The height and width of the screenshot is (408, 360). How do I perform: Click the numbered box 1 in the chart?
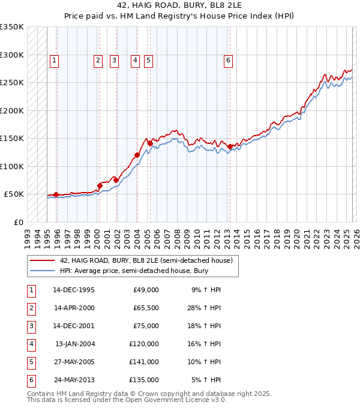pos(54,60)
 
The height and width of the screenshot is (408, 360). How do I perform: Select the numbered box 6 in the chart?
pos(229,60)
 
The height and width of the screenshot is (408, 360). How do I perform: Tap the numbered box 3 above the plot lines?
pos(114,60)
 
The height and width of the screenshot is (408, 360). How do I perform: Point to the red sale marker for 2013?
pos(230,146)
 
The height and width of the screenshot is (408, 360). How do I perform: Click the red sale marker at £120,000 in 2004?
pos(137,155)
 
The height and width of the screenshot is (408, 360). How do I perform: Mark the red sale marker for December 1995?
pos(56,194)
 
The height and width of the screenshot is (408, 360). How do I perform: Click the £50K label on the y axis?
pos(14,194)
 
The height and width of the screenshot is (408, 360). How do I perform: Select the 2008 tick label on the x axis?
pos(176,234)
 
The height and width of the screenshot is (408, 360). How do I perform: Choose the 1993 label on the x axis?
pos(28,234)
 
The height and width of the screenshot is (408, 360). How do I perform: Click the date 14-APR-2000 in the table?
pos(74,308)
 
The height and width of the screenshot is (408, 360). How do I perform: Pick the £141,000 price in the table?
pos(146,362)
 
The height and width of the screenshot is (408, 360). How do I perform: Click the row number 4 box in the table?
pos(30,344)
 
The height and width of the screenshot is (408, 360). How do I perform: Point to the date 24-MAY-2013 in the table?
pos(74,380)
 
